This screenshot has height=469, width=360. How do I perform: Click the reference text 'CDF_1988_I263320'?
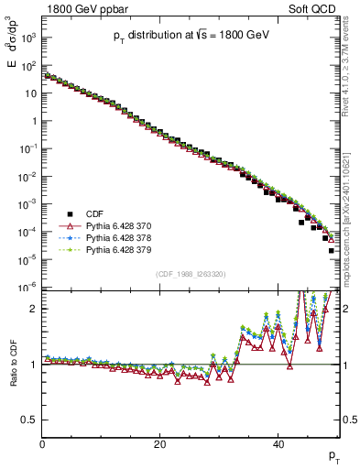point(191,274)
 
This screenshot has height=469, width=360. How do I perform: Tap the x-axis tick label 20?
point(160,444)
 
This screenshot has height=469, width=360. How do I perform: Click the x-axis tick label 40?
point(278,444)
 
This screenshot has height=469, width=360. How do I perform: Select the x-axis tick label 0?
point(43,444)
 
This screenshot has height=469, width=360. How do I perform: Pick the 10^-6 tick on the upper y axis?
point(29,287)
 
